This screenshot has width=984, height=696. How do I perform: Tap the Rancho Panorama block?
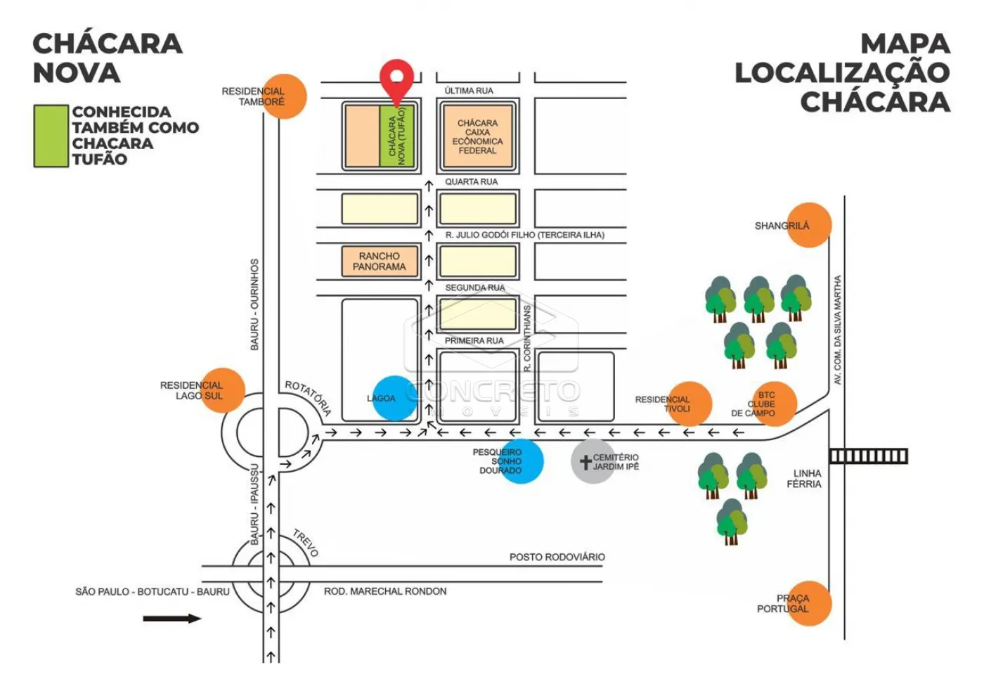tap(380, 262)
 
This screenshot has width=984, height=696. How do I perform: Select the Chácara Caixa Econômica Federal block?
tap(478, 136)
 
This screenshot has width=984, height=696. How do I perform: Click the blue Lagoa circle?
tap(394, 398)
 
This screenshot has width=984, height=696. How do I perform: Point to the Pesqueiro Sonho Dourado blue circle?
tap(522, 461)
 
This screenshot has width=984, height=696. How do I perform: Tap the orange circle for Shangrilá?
tap(809, 225)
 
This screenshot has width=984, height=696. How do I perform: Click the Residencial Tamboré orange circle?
tap(284, 96)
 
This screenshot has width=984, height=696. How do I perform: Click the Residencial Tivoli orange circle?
tap(690, 404)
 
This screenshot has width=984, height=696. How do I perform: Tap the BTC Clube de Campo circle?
tap(775, 404)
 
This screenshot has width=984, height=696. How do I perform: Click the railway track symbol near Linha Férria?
tap(868, 456)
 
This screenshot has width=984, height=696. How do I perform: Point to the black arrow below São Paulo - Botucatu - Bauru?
tap(172, 619)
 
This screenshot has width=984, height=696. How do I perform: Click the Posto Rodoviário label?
tap(557, 557)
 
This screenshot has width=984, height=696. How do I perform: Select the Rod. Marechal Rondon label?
tap(385, 591)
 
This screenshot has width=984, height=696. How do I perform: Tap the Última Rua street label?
tap(469, 91)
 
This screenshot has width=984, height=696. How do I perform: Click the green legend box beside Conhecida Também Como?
tap(51, 136)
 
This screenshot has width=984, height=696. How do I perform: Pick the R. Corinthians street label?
tap(528, 338)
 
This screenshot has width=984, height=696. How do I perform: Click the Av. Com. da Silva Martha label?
tap(838, 329)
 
